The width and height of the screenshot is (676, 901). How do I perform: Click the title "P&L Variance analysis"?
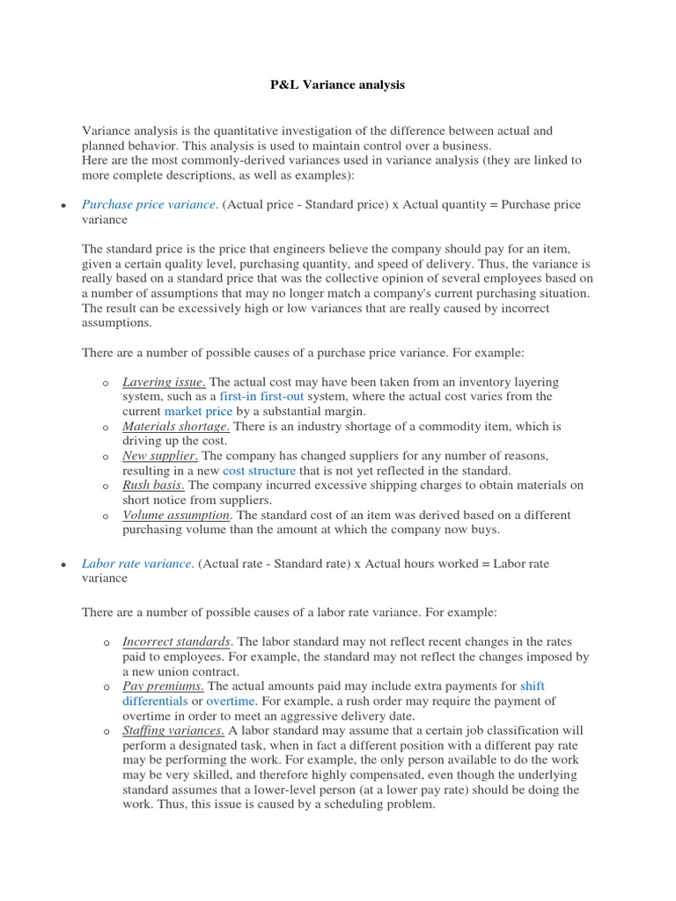[x=337, y=85]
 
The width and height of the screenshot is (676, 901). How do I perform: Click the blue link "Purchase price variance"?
[x=148, y=204]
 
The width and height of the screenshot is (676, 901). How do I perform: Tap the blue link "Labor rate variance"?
[x=136, y=563]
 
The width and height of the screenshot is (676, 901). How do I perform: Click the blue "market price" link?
[x=198, y=411]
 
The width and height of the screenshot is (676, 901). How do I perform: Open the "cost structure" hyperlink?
[x=259, y=471]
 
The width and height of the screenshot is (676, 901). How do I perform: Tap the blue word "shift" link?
[x=533, y=685]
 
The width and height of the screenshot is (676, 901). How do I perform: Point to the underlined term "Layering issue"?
[x=164, y=382]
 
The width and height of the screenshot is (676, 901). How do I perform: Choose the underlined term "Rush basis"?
[x=153, y=485]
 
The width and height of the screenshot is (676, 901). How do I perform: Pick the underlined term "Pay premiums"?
[x=163, y=685]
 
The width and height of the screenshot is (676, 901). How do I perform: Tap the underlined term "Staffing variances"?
[x=173, y=730]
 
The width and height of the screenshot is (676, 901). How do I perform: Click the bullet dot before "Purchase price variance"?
[x=62, y=205]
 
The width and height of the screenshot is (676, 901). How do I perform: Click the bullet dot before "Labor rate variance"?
[x=62, y=564]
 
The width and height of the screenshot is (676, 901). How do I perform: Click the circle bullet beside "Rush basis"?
[x=104, y=486]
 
